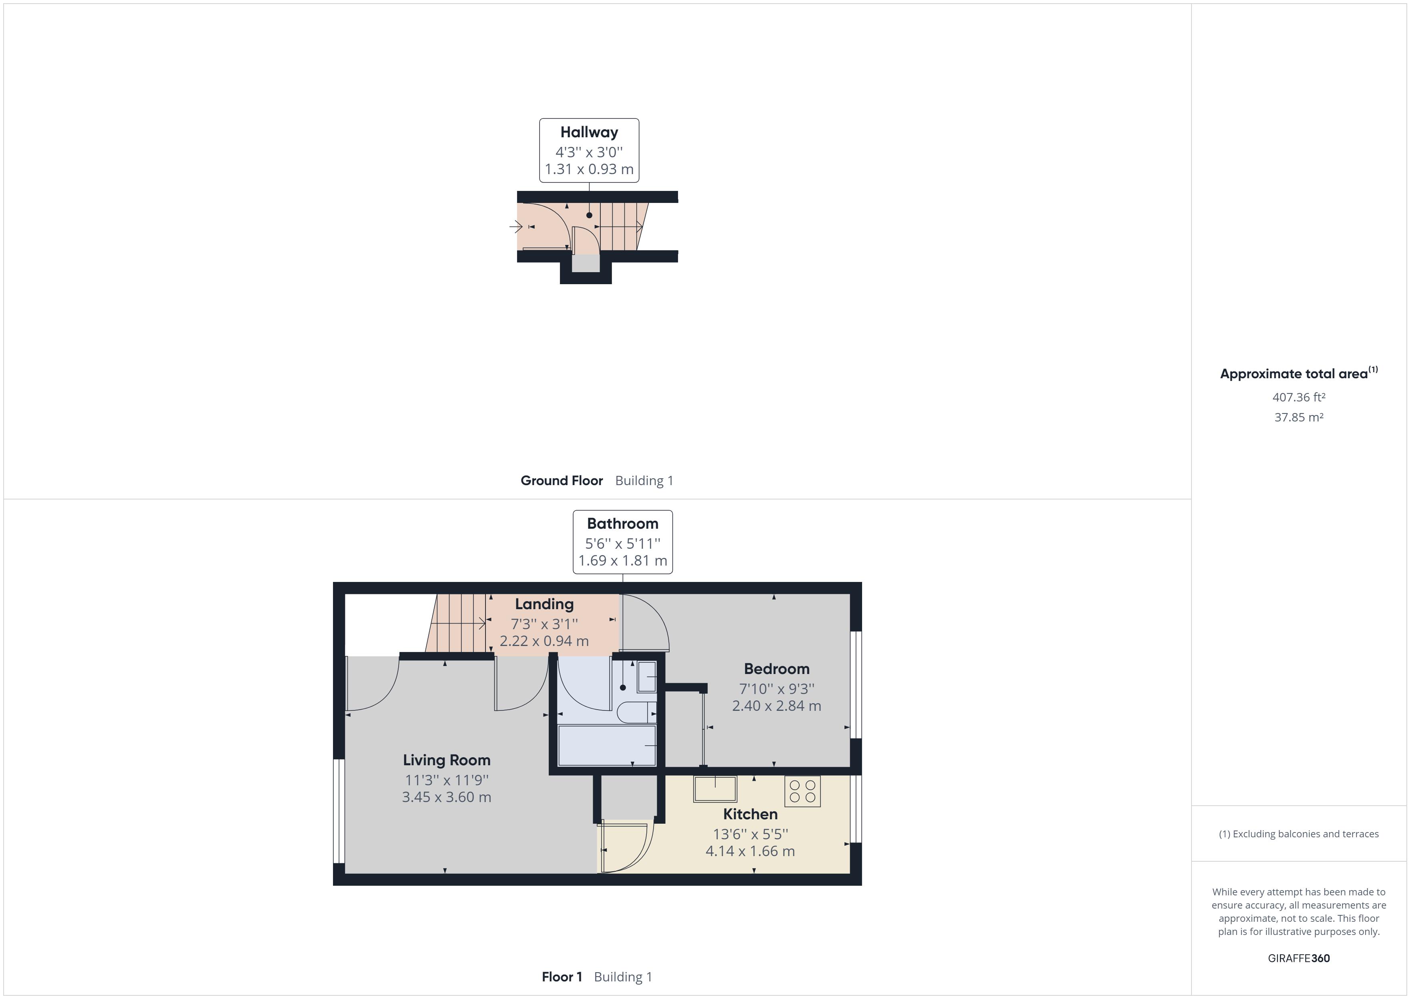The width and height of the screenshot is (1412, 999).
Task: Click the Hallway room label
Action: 589,132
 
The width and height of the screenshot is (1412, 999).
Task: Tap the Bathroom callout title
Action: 622,524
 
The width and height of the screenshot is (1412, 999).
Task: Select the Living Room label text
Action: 447,760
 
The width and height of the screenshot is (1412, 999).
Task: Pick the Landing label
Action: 544,604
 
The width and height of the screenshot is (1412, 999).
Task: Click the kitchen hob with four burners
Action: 802,791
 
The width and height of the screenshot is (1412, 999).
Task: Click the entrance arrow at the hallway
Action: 515,227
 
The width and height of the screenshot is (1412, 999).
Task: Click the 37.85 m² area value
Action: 1299,417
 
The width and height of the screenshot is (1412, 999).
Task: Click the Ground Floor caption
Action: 562,480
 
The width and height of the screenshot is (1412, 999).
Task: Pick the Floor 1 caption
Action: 562,977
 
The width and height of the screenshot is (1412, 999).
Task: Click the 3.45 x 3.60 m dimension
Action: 447,797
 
